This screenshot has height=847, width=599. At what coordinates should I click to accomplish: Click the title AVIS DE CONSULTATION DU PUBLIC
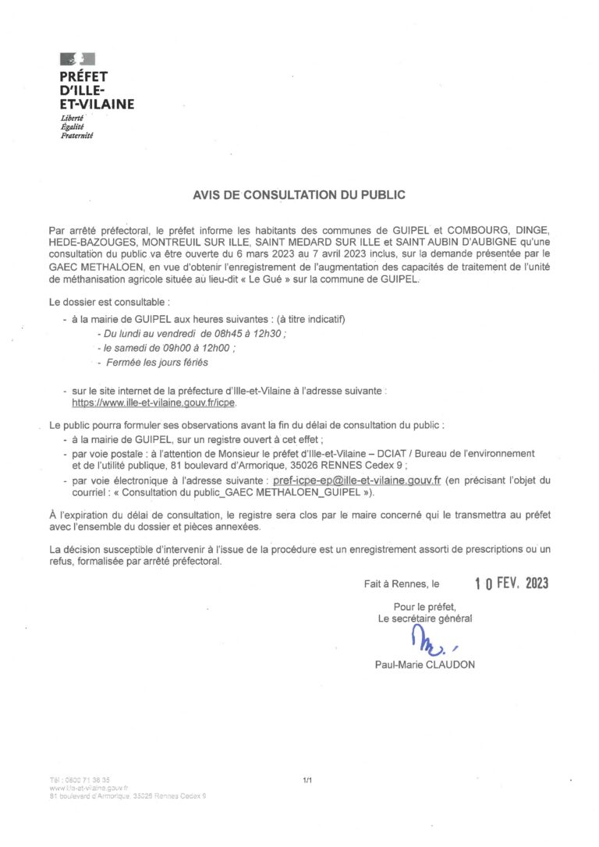pyautogui.click(x=299, y=190)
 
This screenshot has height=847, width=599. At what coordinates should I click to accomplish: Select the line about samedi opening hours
pyautogui.click(x=167, y=349)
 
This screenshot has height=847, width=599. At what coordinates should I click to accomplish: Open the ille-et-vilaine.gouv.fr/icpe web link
pyautogui.click(x=153, y=405)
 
